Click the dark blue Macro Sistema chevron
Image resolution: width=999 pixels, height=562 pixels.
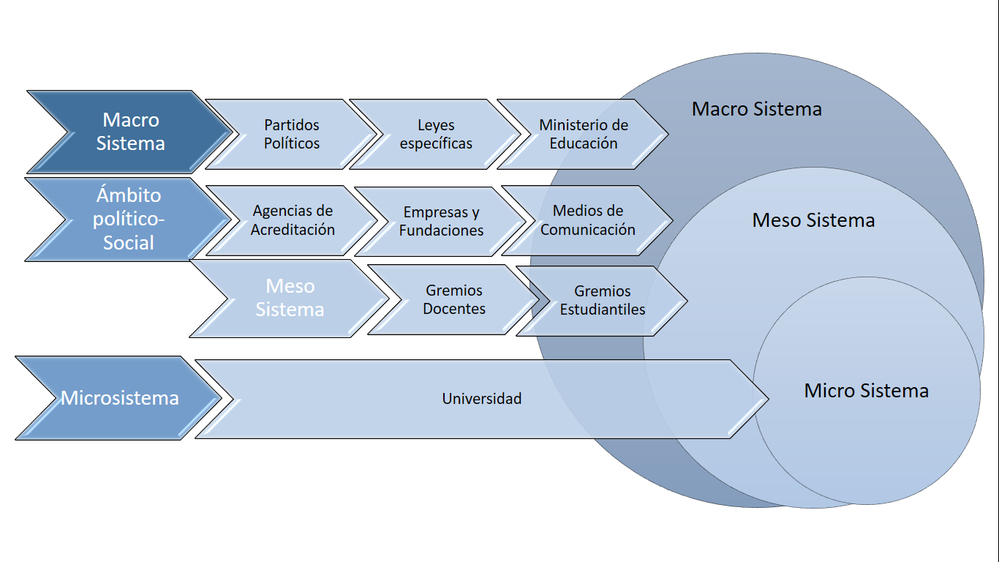coord(130,132)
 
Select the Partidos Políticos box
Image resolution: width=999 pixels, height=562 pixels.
coord(292,135)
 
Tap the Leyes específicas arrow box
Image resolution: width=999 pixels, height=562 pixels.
coord(436,135)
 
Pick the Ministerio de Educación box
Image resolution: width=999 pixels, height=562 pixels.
coord(584,135)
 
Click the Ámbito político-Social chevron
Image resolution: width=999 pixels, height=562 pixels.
coord(129,220)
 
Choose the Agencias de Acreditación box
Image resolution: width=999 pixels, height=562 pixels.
coord(293,220)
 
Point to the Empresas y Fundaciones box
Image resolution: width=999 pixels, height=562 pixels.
coord(441,221)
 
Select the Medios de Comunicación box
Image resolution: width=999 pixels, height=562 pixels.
coord(588,220)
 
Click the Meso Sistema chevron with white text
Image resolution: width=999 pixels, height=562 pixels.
coord(290,298)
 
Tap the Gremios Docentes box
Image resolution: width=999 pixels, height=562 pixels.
coord(454,300)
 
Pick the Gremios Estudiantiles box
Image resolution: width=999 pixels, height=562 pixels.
coord(603,301)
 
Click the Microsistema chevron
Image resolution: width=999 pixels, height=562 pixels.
coord(119,398)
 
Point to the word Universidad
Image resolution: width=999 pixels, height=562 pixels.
coord(481,399)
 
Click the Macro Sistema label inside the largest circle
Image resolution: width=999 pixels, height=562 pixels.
coord(756,110)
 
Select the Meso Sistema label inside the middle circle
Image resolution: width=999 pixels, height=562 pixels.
coord(813,220)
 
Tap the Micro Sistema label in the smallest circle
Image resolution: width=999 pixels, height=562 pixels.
coord(866,391)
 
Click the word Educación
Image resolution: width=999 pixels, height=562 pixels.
coord(584,143)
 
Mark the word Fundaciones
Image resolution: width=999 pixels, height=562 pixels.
coord(441,231)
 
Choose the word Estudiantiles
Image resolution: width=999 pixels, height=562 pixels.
coord(603,310)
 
